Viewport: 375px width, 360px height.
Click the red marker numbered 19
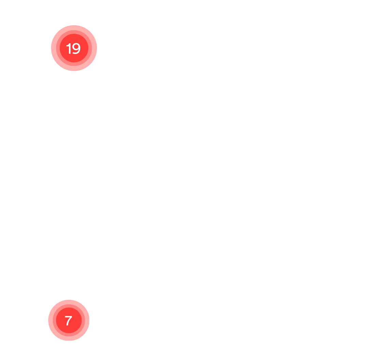tap(74, 48)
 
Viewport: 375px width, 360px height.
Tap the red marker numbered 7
tap(69, 320)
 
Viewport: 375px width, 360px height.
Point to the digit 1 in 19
tap(69, 48)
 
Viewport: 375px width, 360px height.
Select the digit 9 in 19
tap(76, 48)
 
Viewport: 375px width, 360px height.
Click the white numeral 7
tap(69, 320)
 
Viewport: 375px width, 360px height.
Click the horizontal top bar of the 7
tap(69, 316)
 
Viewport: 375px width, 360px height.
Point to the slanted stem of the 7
tap(69, 321)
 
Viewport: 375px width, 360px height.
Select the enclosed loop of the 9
tap(76, 47)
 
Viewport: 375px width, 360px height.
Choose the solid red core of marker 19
tap(74, 48)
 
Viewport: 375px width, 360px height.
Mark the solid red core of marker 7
tap(69, 320)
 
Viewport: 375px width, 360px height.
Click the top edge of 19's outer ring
tap(74, 25)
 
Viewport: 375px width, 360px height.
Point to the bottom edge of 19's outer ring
tap(74, 71)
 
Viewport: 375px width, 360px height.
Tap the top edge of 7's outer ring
tap(69, 300)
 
